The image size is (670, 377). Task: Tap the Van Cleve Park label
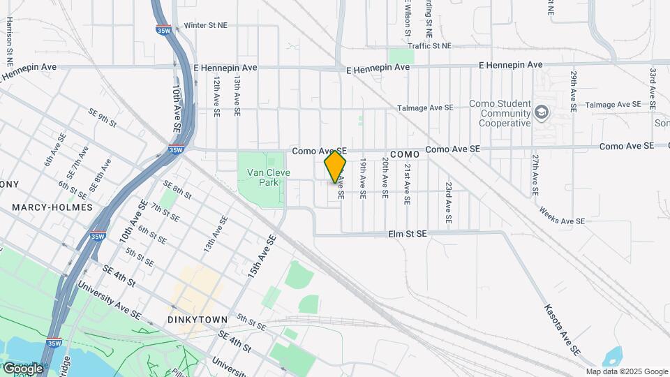click(258, 177)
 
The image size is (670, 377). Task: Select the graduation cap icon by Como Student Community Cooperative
click(541, 112)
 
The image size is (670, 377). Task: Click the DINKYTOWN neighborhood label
click(198, 320)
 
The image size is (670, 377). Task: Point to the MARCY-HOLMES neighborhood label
click(52, 207)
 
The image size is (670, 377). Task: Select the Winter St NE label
click(206, 26)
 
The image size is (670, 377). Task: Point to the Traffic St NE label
click(430, 45)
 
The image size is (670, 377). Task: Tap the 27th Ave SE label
click(535, 175)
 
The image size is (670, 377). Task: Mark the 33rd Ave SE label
click(653, 87)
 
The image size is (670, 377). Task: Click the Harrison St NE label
click(10, 37)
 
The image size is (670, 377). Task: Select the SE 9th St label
click(102, 118)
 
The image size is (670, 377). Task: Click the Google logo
click(22, 368)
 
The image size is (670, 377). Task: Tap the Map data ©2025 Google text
click(626, 371)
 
